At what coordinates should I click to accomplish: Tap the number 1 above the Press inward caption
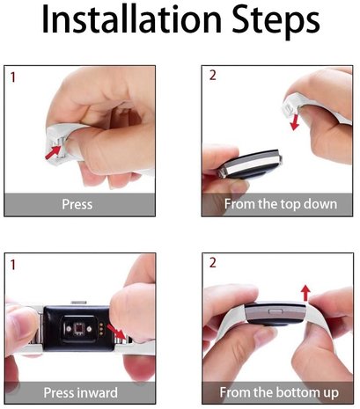click(12, 264)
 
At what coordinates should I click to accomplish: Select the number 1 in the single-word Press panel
click(12, 77)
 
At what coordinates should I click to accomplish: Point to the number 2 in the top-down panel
click(211, 77)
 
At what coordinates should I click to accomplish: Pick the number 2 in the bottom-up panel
click(211, 264)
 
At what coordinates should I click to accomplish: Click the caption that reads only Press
click(77, 205)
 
